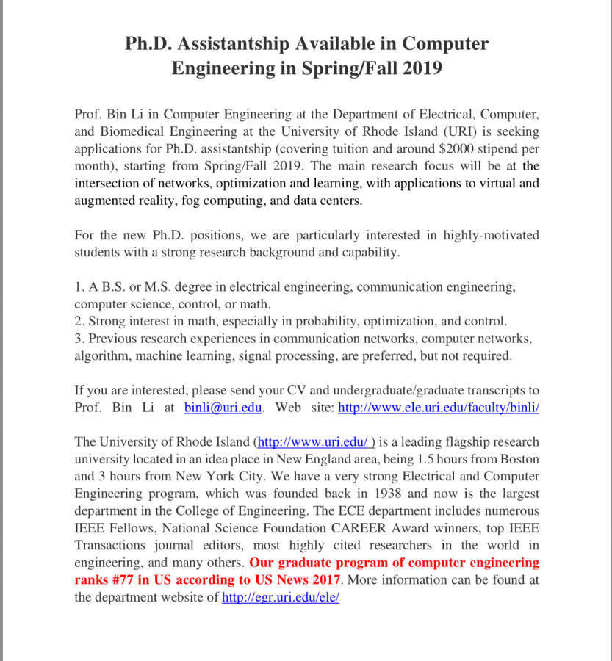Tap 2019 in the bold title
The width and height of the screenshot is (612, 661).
(x=421, y=68)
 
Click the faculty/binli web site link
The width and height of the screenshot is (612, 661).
(x=438, y=407)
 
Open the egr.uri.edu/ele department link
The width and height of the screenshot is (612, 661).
(x=280, y=597)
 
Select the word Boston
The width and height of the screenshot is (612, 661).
(x=519, y=459)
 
